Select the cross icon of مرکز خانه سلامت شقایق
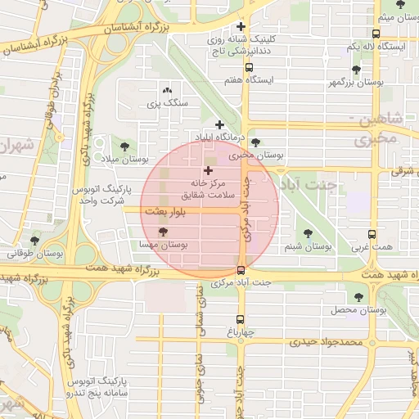(207, 171)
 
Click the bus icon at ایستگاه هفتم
(249, 68)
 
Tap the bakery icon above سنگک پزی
(168, 90)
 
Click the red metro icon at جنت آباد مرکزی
(241, 270)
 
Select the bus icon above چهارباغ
(241, 320)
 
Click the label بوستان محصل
(358, 310)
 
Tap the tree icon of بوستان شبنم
(308, 233)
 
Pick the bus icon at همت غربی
(372, 233)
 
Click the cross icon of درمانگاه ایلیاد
(219, 124)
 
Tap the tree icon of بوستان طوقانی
(34, 241)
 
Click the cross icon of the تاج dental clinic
(241, 26)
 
